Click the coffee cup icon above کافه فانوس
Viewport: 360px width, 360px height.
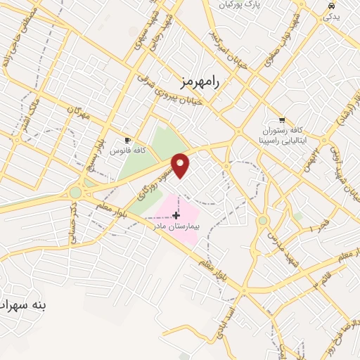point(127,140)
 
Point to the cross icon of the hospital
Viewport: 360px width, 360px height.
point(176,214)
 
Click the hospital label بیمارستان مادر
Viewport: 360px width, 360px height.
point(177,226)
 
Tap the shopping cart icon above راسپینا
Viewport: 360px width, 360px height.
point(282,120)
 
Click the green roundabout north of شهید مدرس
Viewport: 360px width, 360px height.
point(263,221)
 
